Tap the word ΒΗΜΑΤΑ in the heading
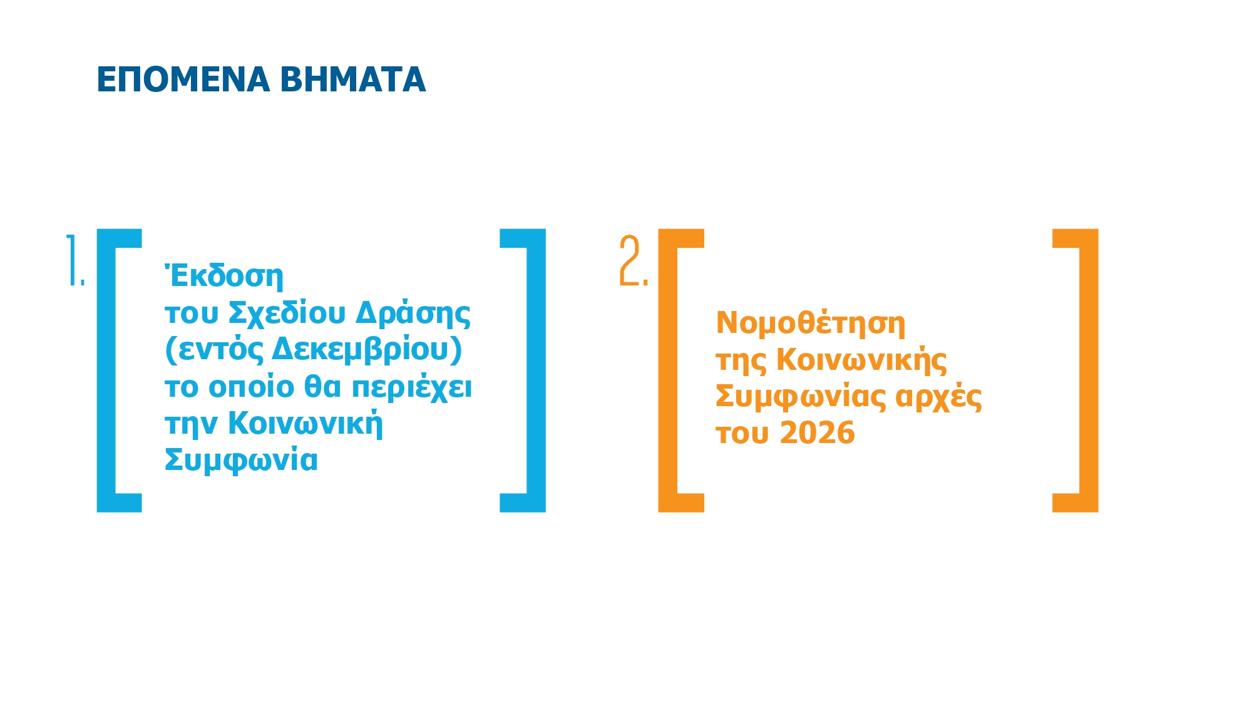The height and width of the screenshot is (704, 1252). (x=352, y=80)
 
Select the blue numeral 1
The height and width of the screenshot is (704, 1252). (x=74, y=261)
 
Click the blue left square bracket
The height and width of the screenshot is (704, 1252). (x=107, y=370)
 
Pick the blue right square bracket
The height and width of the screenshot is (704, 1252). (x=536, y=370)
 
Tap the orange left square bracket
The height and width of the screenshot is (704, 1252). (x=669, y=370)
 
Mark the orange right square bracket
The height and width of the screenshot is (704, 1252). (x=1089, y=370)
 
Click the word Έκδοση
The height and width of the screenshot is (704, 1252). (x=224, y=276)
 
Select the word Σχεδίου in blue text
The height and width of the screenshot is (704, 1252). (x=287, y=313)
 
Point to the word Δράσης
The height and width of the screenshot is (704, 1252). (x=413, y=313)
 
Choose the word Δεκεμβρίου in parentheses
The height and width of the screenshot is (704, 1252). (x=360, y=350)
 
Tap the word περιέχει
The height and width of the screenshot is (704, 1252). (x=411, y=387)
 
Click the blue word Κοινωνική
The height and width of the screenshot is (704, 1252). (x=305, y=424)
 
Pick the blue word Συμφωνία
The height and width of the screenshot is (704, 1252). (x=241, y=461)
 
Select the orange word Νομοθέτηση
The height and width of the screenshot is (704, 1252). (x=810, y=324)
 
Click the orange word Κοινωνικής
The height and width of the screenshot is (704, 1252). (x=861, y=360)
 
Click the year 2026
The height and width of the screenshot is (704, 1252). (x=818, y=433)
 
